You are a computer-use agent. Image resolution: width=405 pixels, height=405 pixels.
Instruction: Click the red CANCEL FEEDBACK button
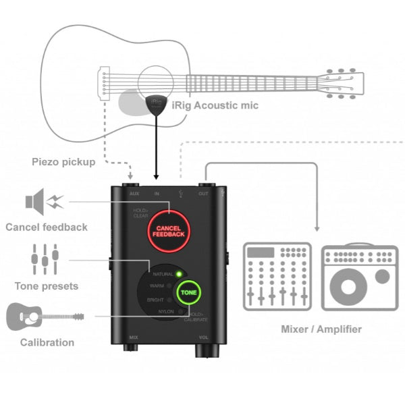(169, 231)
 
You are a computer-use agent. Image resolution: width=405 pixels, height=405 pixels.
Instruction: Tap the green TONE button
(189, 294)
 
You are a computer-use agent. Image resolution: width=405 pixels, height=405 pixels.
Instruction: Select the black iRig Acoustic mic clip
(156, 104)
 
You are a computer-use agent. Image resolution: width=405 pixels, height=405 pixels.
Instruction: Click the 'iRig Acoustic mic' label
(215, 105)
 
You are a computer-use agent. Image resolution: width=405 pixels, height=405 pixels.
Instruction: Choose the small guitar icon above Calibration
(45, 317)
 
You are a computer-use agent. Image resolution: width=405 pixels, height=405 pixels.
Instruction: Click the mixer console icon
(277, 275)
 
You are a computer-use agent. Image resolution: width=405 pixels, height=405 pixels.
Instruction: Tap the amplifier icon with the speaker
(360, 275)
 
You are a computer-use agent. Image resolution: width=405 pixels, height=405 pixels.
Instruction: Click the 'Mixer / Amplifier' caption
(321, 329)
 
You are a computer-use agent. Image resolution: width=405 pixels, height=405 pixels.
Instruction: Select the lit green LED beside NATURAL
(178, 274)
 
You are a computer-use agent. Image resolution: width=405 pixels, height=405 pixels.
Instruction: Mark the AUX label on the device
(134, 193)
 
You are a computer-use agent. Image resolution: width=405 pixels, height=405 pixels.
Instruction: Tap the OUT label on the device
(202, 193)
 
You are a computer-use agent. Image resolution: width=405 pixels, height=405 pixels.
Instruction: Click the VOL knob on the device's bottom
(203, 350)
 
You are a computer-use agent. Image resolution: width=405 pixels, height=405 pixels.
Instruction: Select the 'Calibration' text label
(47, 342)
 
